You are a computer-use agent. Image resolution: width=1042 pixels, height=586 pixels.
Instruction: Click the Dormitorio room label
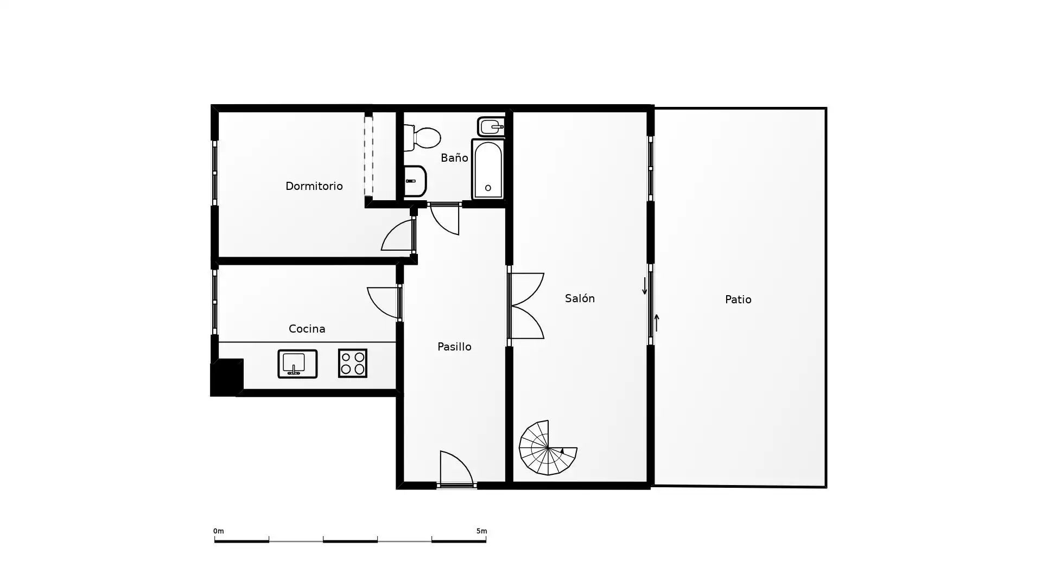[314, 186]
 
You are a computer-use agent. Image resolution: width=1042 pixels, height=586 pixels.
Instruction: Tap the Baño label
[454, 157]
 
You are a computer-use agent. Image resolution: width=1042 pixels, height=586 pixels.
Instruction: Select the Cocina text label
[307, 329]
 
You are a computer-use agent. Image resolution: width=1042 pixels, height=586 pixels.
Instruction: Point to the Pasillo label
[454, 347]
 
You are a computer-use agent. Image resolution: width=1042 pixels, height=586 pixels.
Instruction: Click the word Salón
[580, 298]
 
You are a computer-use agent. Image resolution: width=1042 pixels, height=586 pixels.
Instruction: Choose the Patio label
[738, 300]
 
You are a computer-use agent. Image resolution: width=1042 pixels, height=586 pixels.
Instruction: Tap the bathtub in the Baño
[488, 169]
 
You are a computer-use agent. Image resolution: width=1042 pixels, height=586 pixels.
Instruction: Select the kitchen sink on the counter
[297, 364]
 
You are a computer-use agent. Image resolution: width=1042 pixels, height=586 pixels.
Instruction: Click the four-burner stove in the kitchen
[353, 363]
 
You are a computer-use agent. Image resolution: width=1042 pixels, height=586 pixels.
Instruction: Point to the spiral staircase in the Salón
[548, 448]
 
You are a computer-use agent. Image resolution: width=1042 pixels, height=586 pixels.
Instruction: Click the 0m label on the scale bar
[218, 531]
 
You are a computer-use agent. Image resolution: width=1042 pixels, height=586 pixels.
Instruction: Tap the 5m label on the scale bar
[481, 531]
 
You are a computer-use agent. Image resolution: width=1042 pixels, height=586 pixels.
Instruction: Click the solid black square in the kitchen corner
[227, 377]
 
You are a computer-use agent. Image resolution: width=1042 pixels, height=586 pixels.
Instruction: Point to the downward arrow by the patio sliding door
[645, 286]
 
